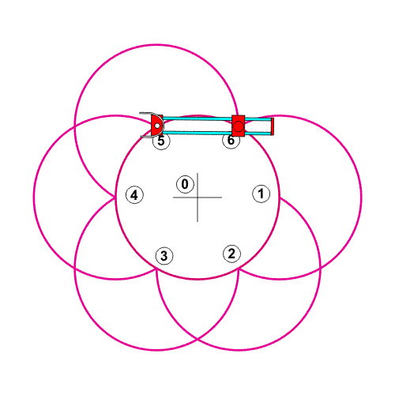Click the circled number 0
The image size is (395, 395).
(x=185, y=184)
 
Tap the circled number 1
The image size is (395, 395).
(x=261, y=194)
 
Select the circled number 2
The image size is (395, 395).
(x=231, y=254)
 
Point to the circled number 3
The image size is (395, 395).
(x=164, y=256)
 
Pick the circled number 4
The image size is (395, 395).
(x=134, y=195)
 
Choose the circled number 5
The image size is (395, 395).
(x=161, y=141)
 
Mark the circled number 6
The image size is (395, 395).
(x=231, y=141)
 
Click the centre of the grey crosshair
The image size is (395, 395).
(x=197, y=197)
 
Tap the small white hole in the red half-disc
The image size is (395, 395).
(x=157, y=126)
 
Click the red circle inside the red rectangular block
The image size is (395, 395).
(x=239, y=126)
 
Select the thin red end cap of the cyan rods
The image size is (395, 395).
(x=273, y=126)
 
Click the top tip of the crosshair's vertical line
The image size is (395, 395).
(x=197, y=173)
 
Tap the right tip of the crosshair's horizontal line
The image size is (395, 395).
(x=222, y=197)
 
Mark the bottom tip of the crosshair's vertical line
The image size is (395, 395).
(x=197, y=221)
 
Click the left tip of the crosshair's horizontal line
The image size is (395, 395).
(x=173, y=197)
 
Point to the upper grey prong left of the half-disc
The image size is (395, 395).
(x=145, y=113)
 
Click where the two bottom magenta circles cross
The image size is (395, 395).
(x=197, y=339)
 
